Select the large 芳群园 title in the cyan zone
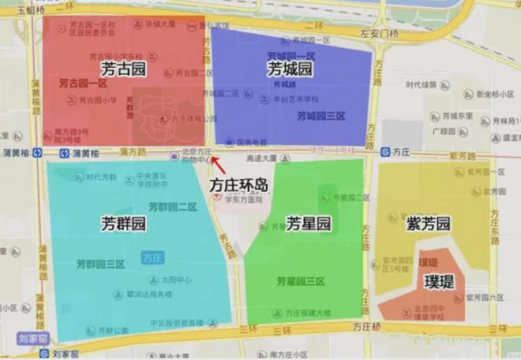click(x=124, y=223)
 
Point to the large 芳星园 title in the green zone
click(x=309, y=223)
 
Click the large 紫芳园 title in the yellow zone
click(x=429, y=223)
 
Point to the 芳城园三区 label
click(x=321, y=116)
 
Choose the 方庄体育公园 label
click(x=193, y=118)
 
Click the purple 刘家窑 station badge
click(x=32, y=338)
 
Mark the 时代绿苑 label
click(x=421, y=84)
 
